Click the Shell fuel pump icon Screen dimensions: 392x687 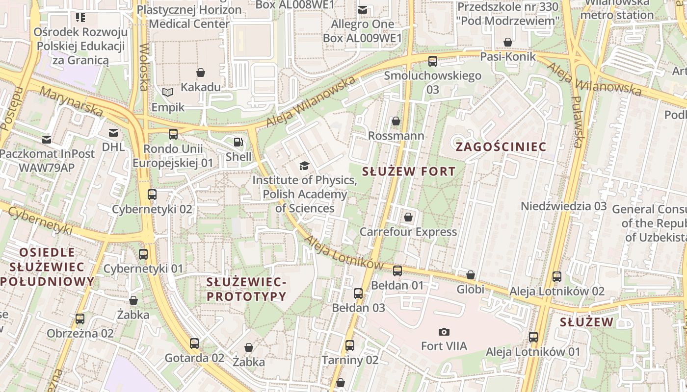(238, 143)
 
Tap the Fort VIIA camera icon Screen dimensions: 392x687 (444, 332)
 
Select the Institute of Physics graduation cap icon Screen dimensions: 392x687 (304, 166)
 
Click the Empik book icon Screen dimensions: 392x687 (168, 92)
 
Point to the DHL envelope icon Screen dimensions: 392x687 (113, 132)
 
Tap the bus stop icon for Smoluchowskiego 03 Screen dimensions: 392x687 (432, 61)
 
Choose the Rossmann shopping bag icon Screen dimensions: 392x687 (396, 121)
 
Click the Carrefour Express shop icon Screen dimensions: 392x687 (408, 217)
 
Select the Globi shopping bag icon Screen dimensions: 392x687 (471, 275)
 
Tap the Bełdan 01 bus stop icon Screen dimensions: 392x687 (397, 270)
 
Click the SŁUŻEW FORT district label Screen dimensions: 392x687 (409, 171)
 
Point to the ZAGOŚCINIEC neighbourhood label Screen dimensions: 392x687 (501, 147)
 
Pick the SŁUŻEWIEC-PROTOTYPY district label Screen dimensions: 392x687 (246, 289)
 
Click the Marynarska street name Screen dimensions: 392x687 (71, 102)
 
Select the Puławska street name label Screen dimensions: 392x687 (578, 122)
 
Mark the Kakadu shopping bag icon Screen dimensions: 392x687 (201, 73)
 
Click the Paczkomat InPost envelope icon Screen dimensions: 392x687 (47, 140)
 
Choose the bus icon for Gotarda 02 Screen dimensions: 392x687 (194, 343)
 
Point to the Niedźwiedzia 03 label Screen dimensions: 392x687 (564, 206)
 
